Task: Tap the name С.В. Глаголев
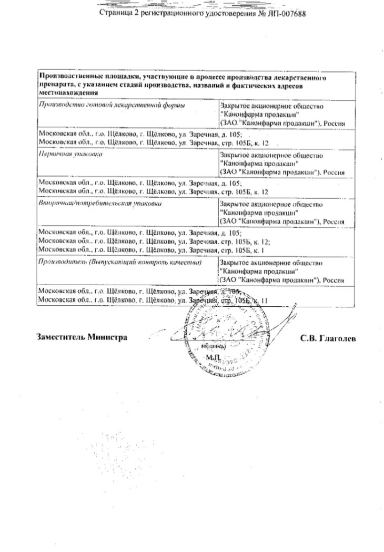328,338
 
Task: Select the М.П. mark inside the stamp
213,357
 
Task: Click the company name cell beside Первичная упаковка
281,164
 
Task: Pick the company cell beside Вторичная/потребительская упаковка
281,213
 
